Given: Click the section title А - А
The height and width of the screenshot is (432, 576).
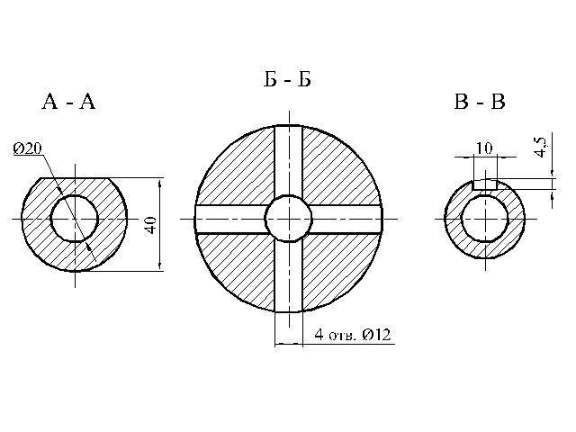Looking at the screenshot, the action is pyautogui.click(x=68, y=102).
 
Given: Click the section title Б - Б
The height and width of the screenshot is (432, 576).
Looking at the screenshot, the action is pyautogui.click(x=288, y=79).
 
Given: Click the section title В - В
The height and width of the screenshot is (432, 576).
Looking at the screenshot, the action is pyautogui.click(x=480, y=102).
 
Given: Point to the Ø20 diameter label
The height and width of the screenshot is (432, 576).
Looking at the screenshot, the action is pyautogui.click(x=28, y=148).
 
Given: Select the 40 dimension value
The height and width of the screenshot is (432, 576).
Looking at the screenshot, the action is pyautogui.click(x=150, y=225).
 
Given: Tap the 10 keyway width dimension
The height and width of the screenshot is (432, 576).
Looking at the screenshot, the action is pyautogui.click(x=484, y=148).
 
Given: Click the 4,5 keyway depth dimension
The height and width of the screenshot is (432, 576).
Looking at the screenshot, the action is pyautogui.click(x=541, y=146).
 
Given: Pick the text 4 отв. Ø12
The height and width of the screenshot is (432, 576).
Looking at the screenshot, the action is pyautogui.click(x=353, y=335).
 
